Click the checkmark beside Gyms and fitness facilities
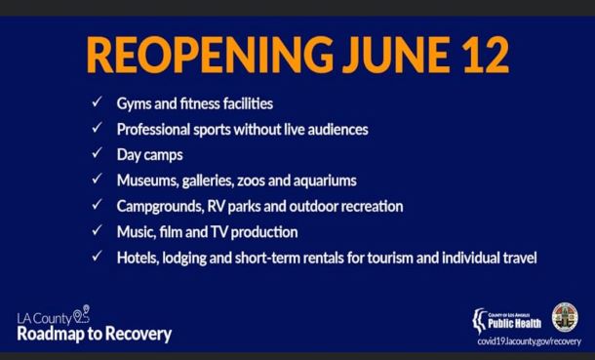pos(97,102)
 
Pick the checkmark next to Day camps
pos(97,154)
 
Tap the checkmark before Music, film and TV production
pos(97,231)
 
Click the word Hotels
pos(137,258)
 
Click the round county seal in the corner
pos(564,316)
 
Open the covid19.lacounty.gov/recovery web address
pos(527,341)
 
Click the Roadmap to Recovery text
pos(95,334)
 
